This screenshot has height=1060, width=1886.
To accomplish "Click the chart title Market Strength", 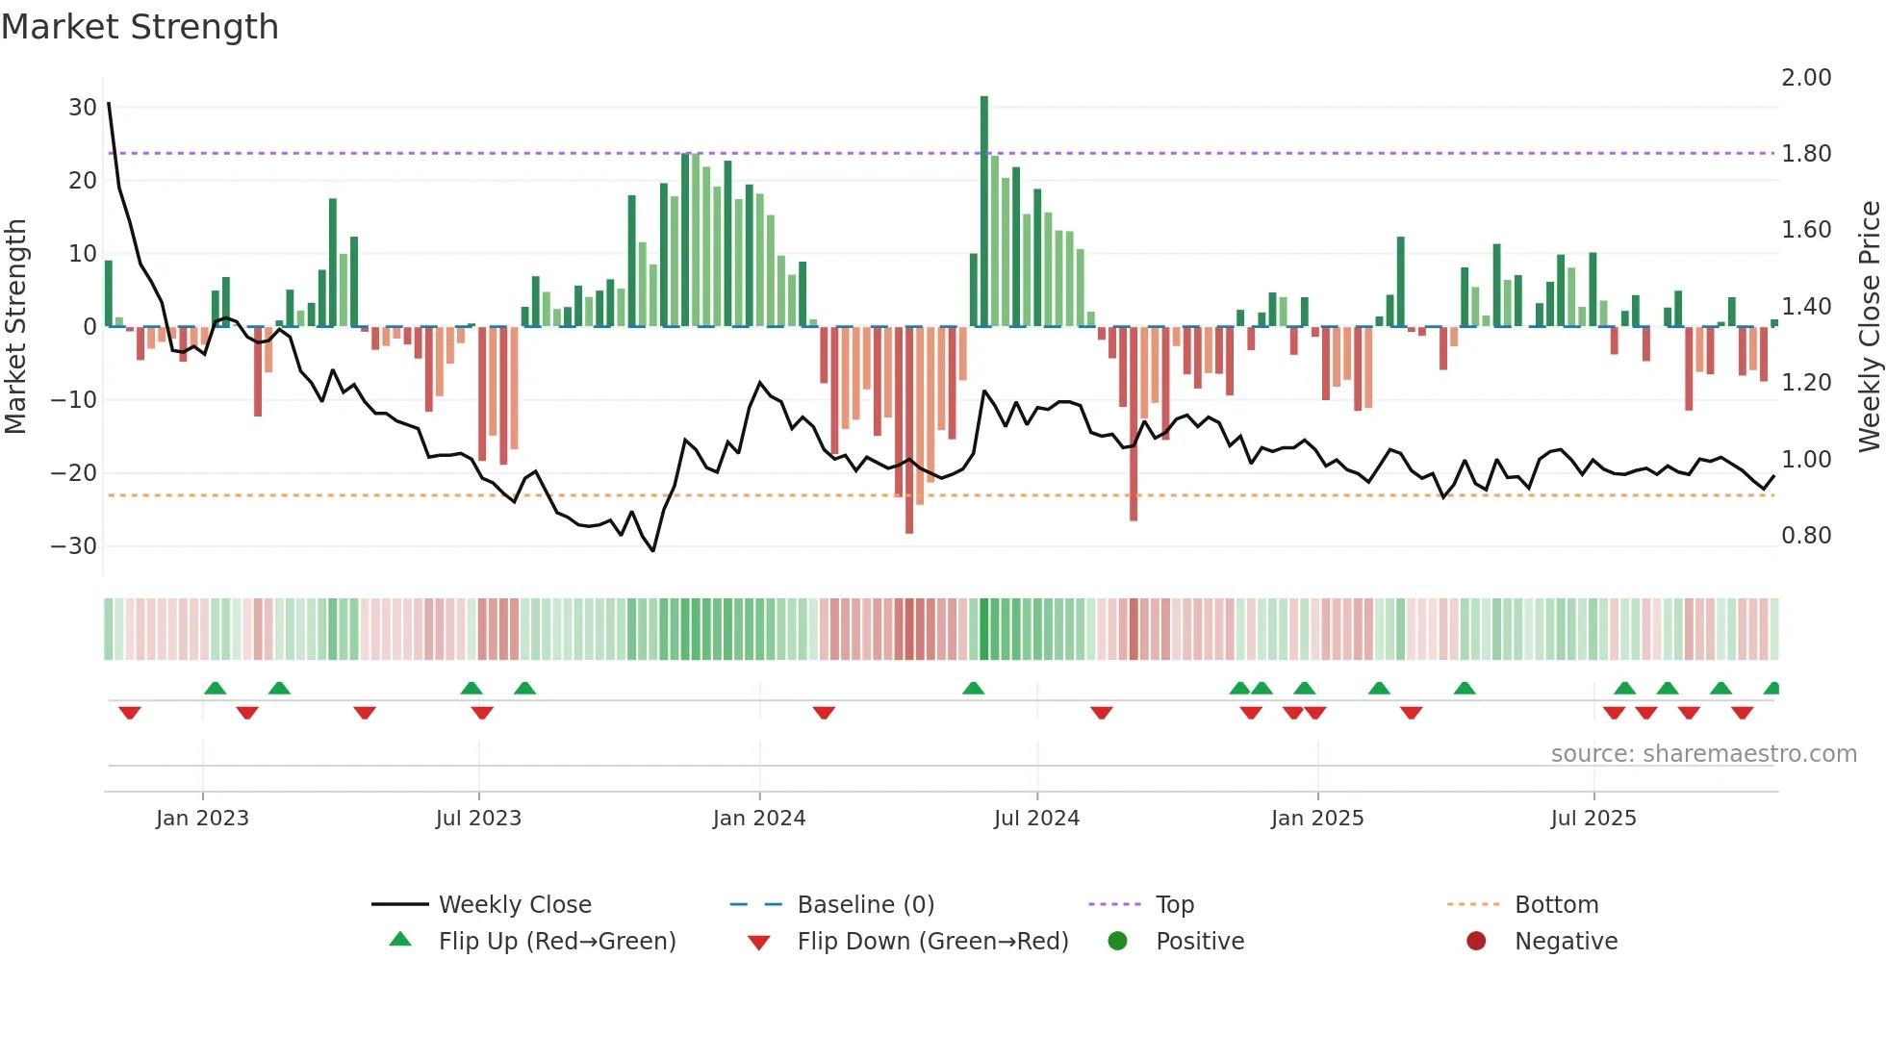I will point(140,27).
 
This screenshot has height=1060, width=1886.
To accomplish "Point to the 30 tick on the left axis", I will point(83,108).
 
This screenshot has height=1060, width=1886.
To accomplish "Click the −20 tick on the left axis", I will point(74,473).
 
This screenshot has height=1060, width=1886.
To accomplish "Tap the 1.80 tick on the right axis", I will point(1806,154).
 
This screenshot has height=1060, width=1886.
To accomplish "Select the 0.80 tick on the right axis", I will point(1806,536).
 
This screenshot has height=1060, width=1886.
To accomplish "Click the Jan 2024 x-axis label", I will point(759,819).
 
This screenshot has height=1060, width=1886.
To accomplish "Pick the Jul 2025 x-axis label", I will point(1593,819).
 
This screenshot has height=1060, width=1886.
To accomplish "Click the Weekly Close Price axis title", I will point(1869,326).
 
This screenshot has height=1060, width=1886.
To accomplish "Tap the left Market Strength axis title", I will point(16,326).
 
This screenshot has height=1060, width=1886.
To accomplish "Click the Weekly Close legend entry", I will point(515,905).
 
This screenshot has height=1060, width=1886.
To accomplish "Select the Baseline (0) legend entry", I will point(865,905).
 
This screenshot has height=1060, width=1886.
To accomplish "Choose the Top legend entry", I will point(1174,905).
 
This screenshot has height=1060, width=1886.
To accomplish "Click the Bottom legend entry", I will point(1556,905).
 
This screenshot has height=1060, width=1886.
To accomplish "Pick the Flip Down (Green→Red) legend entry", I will point(932,942).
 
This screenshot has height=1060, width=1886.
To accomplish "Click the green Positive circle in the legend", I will point(1117,942).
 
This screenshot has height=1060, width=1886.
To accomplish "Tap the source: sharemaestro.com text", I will point(1703,754).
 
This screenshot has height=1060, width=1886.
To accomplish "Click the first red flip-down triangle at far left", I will point(130,713).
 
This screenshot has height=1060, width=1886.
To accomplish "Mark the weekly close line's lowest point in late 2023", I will point(653,550).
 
